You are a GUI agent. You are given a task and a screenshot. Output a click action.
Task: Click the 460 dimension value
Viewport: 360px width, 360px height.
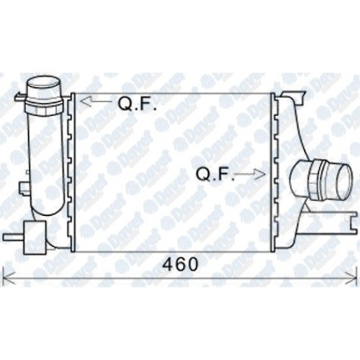[180, 264]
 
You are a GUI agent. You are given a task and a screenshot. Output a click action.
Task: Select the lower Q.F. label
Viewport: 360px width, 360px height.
[215, 174]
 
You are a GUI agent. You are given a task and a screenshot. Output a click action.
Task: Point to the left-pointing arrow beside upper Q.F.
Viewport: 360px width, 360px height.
[96, 102]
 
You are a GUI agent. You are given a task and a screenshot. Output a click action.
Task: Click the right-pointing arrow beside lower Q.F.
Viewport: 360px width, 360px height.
[250, 174]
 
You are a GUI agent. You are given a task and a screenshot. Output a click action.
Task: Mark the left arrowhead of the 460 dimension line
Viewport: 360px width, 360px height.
[9, 279]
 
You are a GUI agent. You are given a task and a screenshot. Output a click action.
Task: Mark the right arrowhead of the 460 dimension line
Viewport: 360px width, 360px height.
[351, 279]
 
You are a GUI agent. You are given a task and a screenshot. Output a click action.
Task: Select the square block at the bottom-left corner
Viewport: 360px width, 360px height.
[35, 238]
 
